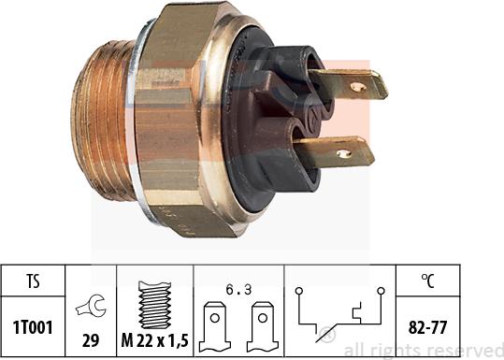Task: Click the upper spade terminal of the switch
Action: point(348,84)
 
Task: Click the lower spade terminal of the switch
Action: point(335,151)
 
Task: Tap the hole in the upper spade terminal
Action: point(358,87)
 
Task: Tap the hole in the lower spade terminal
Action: point(343,153)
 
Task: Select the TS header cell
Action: point(33,281)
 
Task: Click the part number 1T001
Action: point(33,327)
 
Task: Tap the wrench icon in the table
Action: point(91,306)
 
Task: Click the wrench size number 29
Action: point(91,340)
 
